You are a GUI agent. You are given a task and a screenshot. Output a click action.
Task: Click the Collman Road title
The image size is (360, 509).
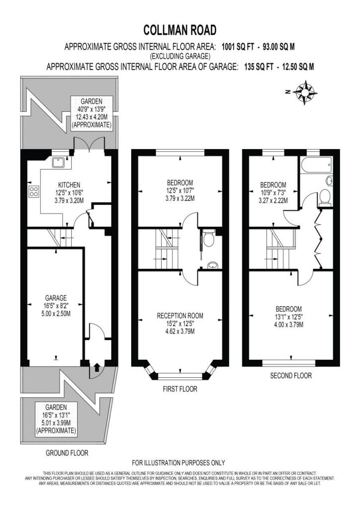pyautogui.click(x=180, y=30)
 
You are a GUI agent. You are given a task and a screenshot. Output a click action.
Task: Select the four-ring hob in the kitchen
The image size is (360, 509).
pyautogui.click(x=34, y=192)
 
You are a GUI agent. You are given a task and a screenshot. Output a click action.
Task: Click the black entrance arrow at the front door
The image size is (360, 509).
pyautogui.click(x=96, y=367)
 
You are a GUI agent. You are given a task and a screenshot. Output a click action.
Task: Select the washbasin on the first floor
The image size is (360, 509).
pyautogui.click(x=212, y=265)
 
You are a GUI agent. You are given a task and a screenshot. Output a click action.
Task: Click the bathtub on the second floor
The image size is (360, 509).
pyautogui.click(x=316, y=166)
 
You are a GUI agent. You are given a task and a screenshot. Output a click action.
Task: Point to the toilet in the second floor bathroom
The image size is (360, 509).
pyautogui.click(x=325, y=197)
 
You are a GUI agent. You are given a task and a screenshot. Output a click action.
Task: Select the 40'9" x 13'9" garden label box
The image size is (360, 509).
pyautogui.click(x=91, y=113)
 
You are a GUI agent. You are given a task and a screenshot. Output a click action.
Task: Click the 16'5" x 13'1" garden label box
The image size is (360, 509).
pyautogui.click(x=56, y=419)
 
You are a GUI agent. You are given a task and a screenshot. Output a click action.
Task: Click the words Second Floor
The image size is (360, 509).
pyautogui.click(x=291, y=376)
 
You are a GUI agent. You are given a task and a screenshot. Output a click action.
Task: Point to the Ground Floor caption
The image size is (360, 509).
pyautogui.click(x=67, y=452)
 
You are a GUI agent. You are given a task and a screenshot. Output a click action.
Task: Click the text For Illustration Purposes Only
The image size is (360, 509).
pyautogui.click(x=179, y=463)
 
